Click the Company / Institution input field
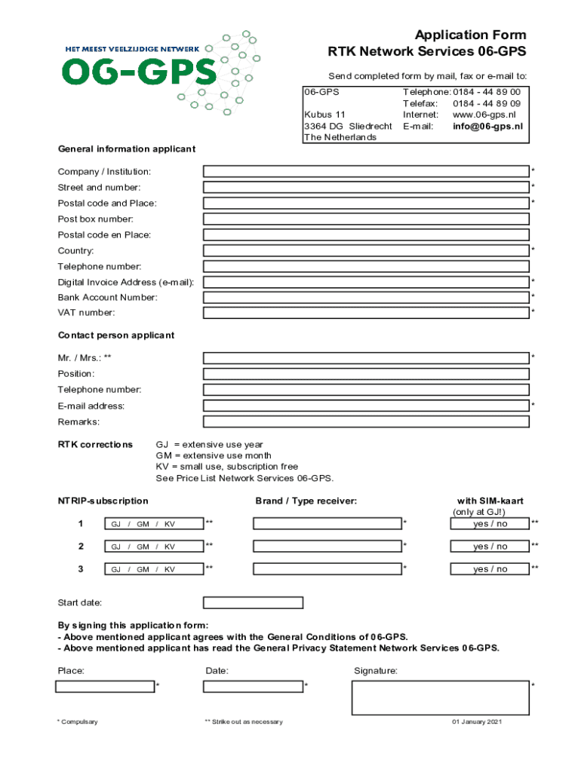click(366, 172)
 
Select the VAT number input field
click(366, 313)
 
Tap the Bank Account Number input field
click(366, 298)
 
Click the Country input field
click(366, 250)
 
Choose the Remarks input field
click(366, 422)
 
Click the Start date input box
click(253, 603)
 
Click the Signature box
click(440, 697)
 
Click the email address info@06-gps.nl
click(487, 127)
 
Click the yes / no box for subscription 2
click(490, 547)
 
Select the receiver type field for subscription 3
click(327, 569)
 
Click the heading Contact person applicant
click(116, 335)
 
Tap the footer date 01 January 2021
click(477, 722)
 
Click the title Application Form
click(470, 35)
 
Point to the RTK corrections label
click(95, 445)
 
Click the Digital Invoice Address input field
click(366, 282)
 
